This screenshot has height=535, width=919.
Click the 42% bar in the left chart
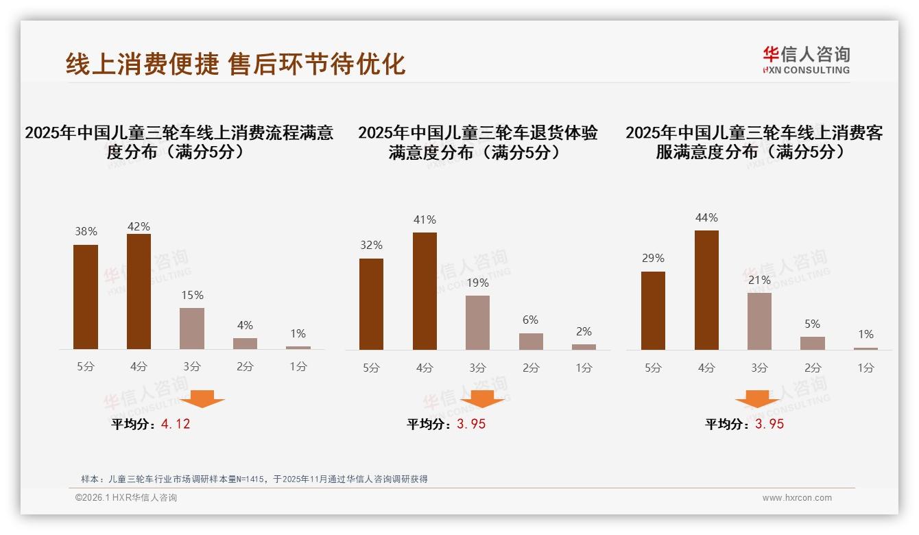point(139,292)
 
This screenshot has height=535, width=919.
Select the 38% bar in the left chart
point(86,297)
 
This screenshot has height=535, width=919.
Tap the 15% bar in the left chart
point(192,329)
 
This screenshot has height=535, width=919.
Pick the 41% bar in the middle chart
point(425,291)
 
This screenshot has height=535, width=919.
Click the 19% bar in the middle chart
point(477,322)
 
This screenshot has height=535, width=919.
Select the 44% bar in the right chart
point(706,289)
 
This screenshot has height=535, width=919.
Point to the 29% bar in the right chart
point(653,310)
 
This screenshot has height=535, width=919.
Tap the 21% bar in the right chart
point(759,321)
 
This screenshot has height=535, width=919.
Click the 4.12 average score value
point(176,424)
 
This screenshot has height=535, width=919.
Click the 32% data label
point(371,245)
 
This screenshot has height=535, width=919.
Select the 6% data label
point(530,320)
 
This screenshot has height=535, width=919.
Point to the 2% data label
point(584,331)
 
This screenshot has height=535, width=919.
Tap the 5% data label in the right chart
point(812,324)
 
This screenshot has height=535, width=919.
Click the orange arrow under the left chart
point(202,399)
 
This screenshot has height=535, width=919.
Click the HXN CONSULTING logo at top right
point(806,60)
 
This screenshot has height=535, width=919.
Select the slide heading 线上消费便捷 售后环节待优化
point(236,63)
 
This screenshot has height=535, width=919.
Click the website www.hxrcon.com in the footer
point(797,498)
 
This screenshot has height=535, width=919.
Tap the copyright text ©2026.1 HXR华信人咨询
point(126,498)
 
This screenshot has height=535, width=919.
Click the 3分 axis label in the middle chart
point(477,368)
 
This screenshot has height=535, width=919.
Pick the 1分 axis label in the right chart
point(866,368)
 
